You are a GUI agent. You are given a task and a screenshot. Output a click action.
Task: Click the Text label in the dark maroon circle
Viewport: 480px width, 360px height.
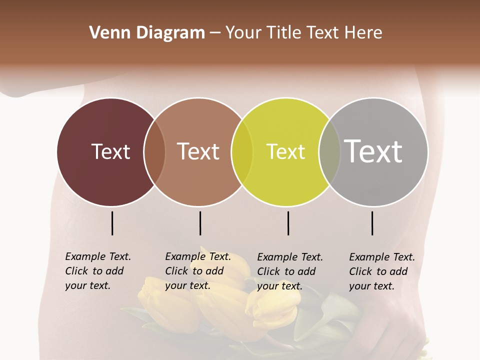110,151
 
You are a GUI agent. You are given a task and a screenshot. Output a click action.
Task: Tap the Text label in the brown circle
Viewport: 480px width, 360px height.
198,151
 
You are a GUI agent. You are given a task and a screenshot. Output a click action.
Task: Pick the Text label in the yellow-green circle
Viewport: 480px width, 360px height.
285,151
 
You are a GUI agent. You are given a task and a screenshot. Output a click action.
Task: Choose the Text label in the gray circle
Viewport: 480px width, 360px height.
373,151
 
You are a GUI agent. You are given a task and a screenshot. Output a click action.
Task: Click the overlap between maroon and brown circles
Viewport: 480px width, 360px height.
154,152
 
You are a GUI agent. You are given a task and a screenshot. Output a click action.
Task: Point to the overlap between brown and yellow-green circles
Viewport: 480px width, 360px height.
242,152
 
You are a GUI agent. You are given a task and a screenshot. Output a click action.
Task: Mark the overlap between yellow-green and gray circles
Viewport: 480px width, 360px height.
329,152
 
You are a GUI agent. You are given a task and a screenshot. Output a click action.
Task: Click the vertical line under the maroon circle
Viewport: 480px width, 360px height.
112,223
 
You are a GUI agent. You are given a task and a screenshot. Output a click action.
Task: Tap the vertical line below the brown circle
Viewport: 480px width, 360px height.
200,223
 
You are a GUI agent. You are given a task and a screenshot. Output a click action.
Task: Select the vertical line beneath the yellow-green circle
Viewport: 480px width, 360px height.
288,223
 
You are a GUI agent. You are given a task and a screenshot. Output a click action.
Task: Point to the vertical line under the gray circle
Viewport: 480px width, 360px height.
372,223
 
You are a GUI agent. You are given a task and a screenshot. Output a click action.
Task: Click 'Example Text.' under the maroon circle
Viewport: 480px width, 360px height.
98,256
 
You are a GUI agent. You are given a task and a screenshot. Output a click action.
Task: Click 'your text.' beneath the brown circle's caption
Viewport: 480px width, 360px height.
187,285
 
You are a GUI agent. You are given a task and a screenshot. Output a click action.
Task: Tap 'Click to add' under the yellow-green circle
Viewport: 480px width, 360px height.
286,271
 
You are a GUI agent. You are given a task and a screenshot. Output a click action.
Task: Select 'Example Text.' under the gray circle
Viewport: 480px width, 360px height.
382,257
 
